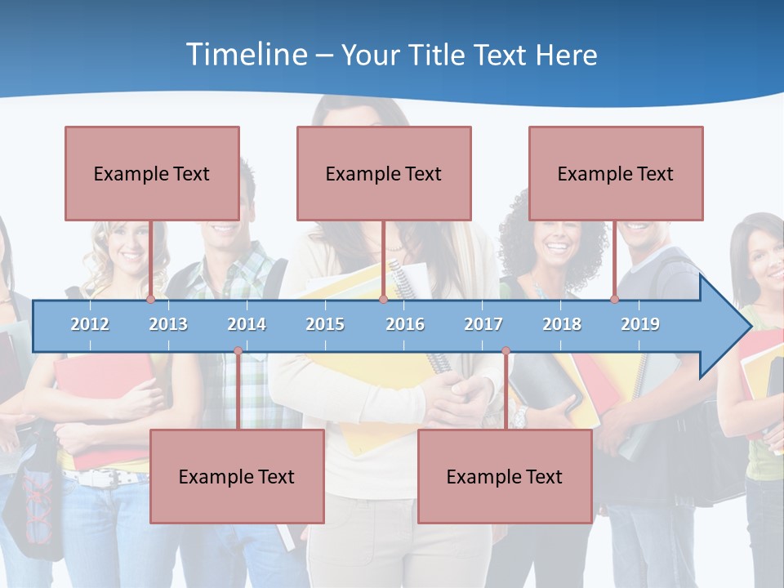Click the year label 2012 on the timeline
pos(90,324)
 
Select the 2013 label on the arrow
pos(168,324)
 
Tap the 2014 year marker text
pos(247,324)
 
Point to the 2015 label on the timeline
pos(325,324)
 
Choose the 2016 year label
pos(405,324)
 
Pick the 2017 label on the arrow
pos(483,324)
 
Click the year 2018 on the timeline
pos(562,324)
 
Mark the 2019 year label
pos(640,324)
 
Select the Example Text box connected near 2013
pos(152,173)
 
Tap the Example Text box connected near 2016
pos(384,173)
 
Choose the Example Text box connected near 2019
pos(616,173)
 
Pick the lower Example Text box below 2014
pos(237,476)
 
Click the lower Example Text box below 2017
pos(505,476)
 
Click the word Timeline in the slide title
pos(244,55)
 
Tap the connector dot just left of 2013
pos(150,300)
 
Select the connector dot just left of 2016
pos(383,300)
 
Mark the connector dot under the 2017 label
pos(506,351)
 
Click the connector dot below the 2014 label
pos(238,351)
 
